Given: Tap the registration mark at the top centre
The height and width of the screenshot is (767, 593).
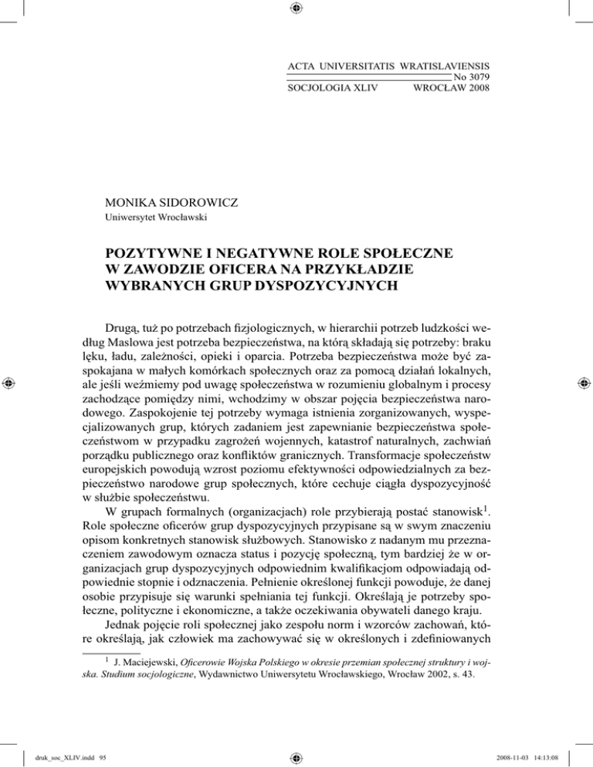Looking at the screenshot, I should (296, 8).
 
